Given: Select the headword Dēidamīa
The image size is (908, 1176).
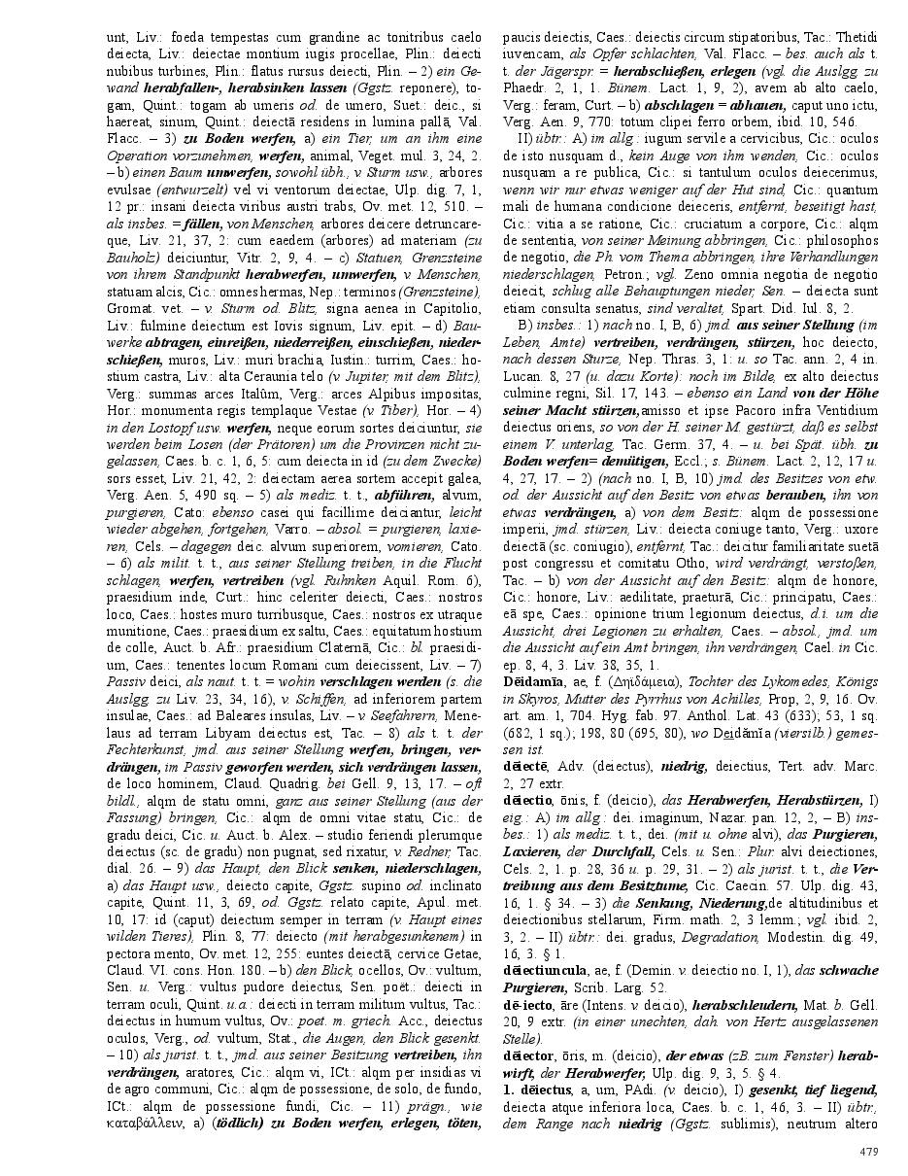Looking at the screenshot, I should (531, 685).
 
